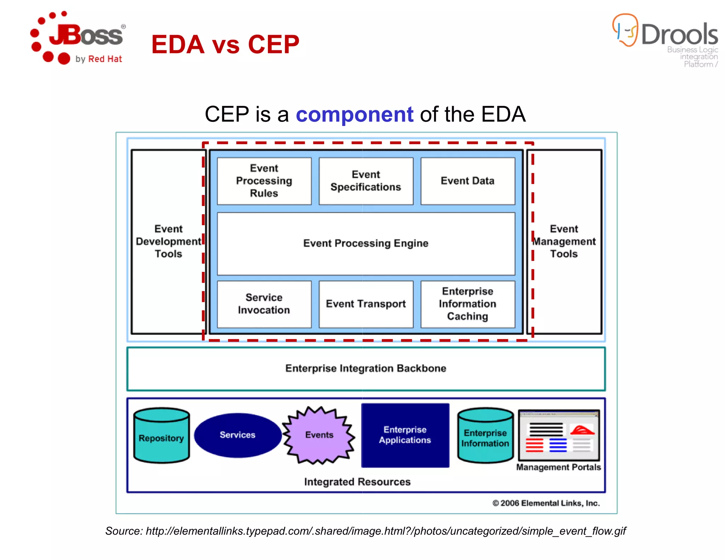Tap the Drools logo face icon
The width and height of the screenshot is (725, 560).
[625, 30]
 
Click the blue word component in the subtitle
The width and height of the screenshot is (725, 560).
[354, 114]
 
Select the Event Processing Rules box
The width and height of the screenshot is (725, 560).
[264, 181]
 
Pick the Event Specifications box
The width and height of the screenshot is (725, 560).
[366, 181]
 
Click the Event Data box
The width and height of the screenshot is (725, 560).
[467, 181]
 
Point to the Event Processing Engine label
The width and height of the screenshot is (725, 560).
[366, 243]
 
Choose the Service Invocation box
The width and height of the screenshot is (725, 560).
[264, 304]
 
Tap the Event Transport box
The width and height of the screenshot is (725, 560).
[366, 304]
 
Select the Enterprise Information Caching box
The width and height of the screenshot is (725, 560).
[467, 304]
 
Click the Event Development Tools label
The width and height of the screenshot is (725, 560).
[169, 241]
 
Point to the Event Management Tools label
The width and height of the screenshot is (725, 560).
[564, 241]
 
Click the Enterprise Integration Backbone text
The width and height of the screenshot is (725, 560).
[366, 368]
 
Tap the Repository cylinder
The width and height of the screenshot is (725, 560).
[161, 436]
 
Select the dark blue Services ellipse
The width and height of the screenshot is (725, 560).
[238, 435]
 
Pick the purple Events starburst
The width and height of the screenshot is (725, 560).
[319, 435]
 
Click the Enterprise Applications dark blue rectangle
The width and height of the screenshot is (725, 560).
[405, 435]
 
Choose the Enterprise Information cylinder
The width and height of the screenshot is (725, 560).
[485, 436]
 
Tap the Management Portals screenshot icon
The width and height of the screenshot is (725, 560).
[559, 435]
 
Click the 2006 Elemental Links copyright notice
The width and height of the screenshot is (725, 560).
[546, 503]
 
